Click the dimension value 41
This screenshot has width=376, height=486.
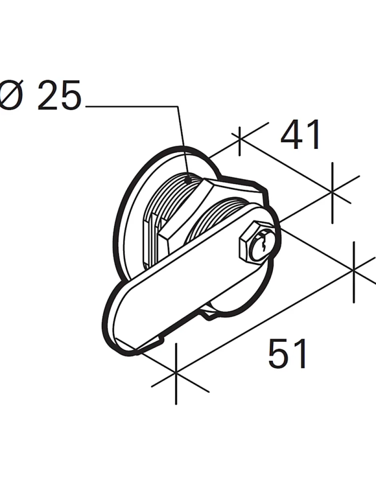click(301, 135)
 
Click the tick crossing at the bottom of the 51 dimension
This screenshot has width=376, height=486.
click(176, 372)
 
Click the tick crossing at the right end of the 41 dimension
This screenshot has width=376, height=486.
click(332, 192)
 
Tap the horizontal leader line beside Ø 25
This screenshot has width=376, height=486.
click(132, 106)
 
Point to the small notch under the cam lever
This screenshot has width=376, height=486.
click(208, 314)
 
